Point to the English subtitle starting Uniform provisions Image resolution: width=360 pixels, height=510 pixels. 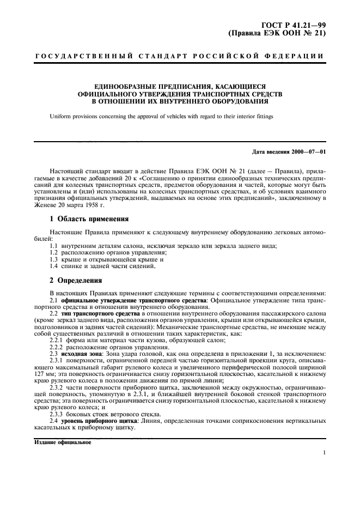[161, 116]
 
